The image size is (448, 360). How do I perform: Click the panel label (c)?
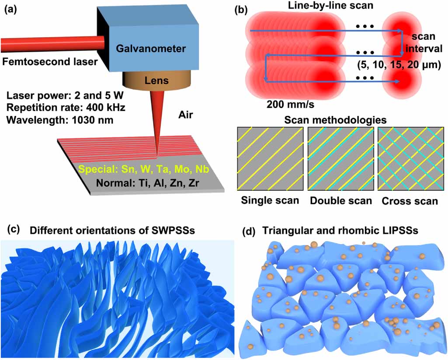click(x=12, y=229)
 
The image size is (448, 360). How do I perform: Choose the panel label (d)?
click(x=250, y=231)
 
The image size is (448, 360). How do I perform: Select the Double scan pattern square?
click(x=341, y=158)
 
